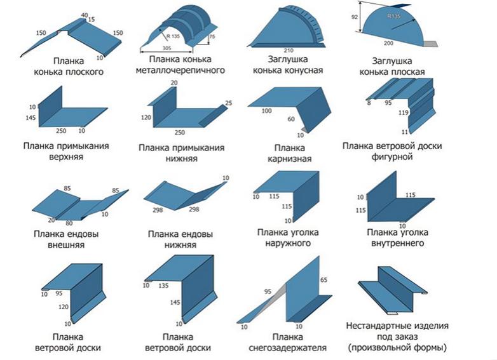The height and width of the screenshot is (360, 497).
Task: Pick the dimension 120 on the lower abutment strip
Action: click(146, 118)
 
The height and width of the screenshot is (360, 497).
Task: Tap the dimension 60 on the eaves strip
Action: click(291, 119)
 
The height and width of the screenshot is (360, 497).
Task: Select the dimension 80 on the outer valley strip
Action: click(68, 223)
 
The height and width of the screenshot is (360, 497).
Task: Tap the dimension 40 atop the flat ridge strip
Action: click(85, 15)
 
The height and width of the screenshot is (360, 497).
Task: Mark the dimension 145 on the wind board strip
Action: click(175, 303)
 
